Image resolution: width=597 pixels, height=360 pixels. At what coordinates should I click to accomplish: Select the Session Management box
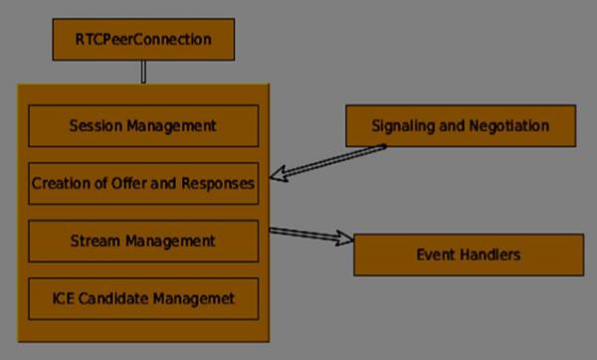[x=143, y=126]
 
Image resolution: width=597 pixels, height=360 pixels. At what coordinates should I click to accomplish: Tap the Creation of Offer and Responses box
[x=143, y=183]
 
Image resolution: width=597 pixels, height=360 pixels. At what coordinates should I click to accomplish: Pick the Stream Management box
[x=143, y=241]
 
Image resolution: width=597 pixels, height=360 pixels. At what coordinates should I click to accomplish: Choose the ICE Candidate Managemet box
[x=143, y=297]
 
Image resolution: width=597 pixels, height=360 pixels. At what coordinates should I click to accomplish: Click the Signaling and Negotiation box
[x=460, y=126]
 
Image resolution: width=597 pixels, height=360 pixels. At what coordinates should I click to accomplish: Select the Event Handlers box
[x=468, y=256]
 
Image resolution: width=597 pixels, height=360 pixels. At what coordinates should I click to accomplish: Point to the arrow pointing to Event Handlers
[x=312, y=236]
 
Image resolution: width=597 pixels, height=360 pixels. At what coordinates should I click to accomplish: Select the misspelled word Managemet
[x=195, y=297]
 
